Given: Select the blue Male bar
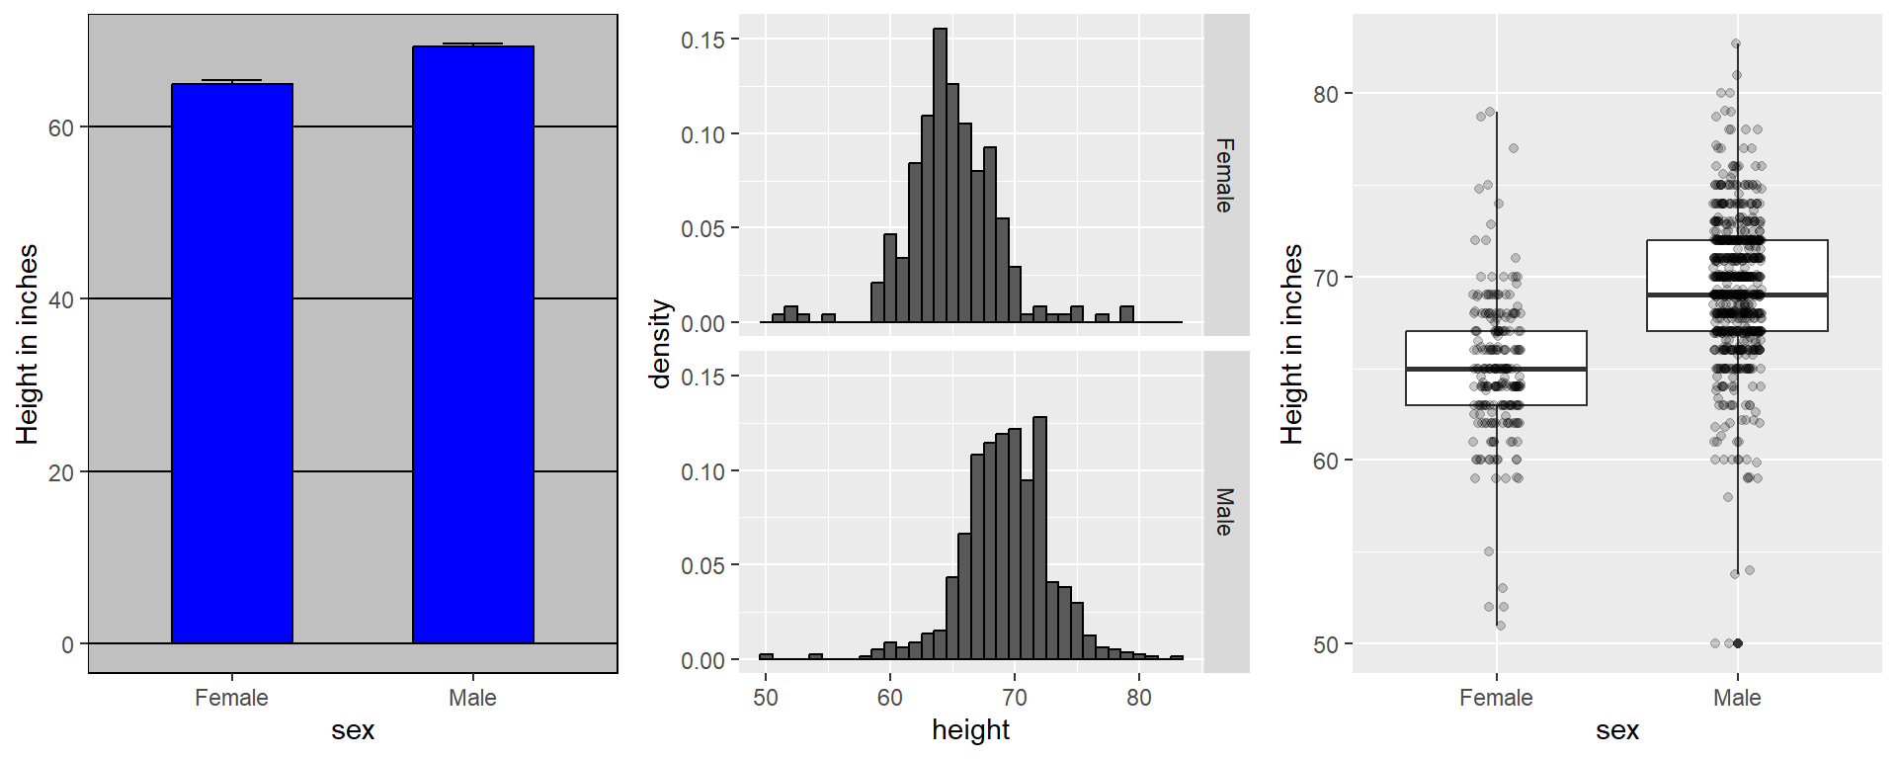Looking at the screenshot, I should (473, 345).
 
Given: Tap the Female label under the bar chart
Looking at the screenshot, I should (231, 698).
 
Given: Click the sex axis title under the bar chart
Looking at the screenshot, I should (353, 730).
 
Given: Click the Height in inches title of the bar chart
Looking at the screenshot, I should (28, 344).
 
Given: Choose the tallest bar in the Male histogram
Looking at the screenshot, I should (1039, 538).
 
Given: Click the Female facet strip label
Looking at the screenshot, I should (1225, 175).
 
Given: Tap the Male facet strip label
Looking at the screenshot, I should (1225, 512).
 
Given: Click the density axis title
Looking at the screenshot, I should (660, 344).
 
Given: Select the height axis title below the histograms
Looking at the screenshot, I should (970, 730).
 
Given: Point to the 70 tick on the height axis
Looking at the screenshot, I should (1015, 698).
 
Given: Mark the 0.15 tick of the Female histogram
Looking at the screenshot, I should (703, 40).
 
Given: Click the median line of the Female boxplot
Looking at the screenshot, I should (1496, 369).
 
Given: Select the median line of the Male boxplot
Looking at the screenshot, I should (1737, 295).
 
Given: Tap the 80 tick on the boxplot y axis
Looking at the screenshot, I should (1326, 94).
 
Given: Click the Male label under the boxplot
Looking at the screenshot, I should (1737, 698).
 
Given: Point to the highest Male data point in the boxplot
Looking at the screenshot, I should (1736, 43).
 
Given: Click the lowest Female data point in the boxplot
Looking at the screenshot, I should (1501, 626).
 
